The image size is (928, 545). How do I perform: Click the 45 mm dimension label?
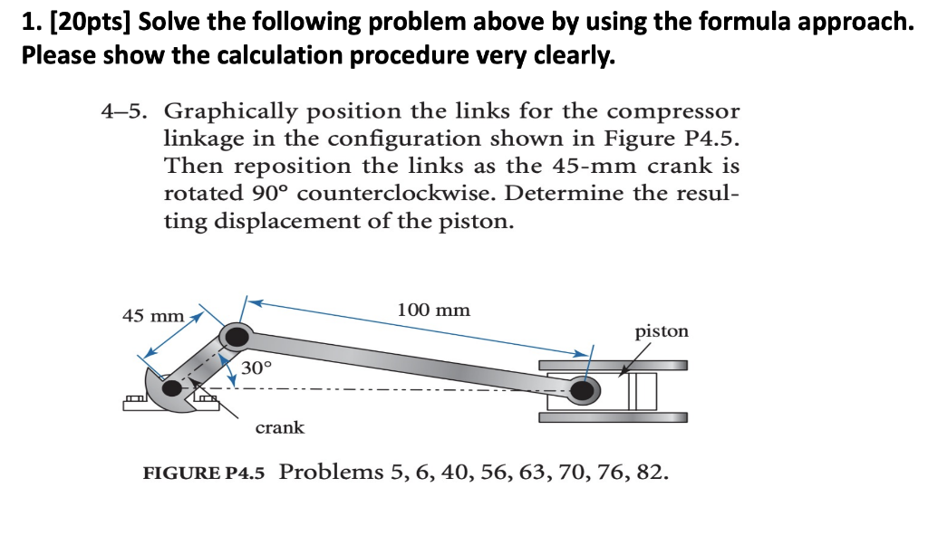[x=153, y=316]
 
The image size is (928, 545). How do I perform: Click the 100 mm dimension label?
[x=434, y=310]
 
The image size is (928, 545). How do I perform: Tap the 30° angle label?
[x=256, y=368]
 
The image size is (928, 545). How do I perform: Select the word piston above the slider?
[x=662, y=331]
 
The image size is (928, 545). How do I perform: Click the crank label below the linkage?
[x=280, y=427]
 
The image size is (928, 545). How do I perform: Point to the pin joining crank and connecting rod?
[x=237, y=337]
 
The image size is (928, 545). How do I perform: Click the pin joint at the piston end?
[x=585, y=391]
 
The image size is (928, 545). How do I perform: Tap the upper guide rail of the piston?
[x=613, y=366]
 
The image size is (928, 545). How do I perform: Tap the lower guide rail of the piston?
[x=613, y=417]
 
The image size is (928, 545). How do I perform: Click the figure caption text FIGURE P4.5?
[x=204, y=473]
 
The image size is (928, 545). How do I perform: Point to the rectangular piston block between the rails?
[x=643, y=391]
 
